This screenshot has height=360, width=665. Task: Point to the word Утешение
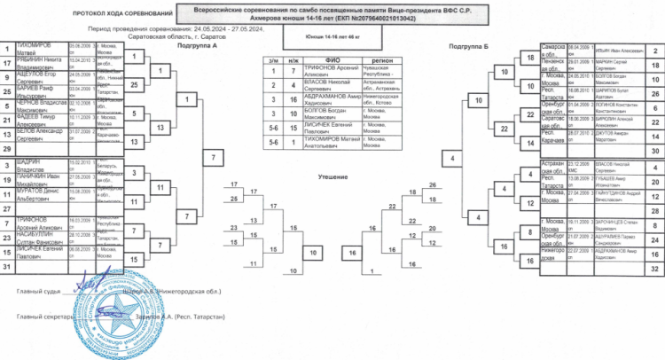pos(308,177)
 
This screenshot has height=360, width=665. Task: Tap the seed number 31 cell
pos(8,265)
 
